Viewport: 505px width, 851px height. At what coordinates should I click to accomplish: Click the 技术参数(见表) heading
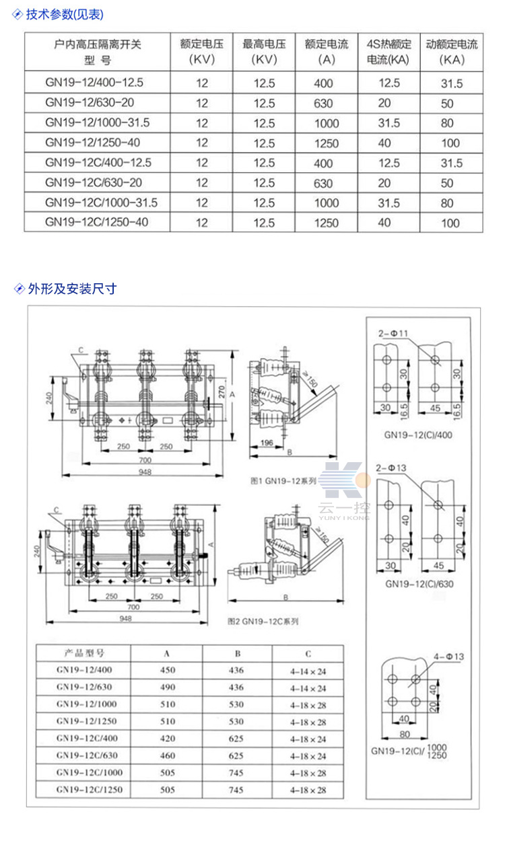65,14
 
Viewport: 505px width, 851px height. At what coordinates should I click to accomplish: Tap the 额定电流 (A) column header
327,52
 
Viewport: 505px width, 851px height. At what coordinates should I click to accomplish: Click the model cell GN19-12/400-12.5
95,83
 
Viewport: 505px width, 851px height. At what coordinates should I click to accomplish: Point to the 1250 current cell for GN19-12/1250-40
327,143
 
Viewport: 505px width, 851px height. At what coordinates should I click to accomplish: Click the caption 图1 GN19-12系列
282,482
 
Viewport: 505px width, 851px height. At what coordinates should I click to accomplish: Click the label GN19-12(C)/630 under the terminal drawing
419,584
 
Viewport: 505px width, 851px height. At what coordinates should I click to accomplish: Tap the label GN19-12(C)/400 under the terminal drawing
418,435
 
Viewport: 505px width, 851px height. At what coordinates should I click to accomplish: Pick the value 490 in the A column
168,688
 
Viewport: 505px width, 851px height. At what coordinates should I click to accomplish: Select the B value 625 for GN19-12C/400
236,739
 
